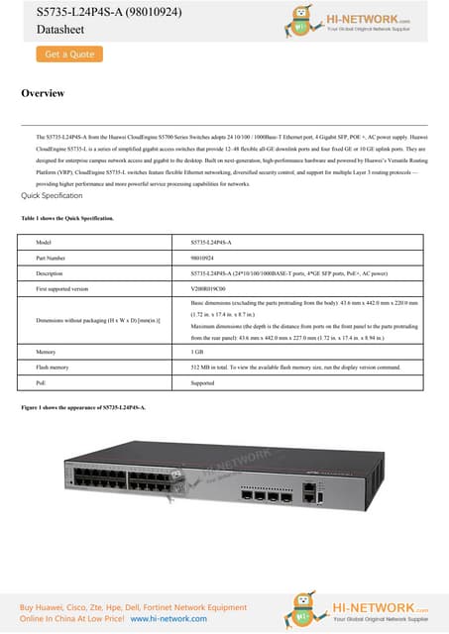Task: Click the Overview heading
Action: click(43, 93)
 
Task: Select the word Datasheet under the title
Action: click(46, 32)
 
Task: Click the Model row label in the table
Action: click(43, 242)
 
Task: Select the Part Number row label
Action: click(50, 257)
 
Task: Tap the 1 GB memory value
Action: click(197, 352)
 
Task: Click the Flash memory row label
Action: click(53, 367)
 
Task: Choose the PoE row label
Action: click(42, 381)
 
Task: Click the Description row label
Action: click(50, 272)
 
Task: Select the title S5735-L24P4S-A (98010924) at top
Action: click(87, 12)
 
